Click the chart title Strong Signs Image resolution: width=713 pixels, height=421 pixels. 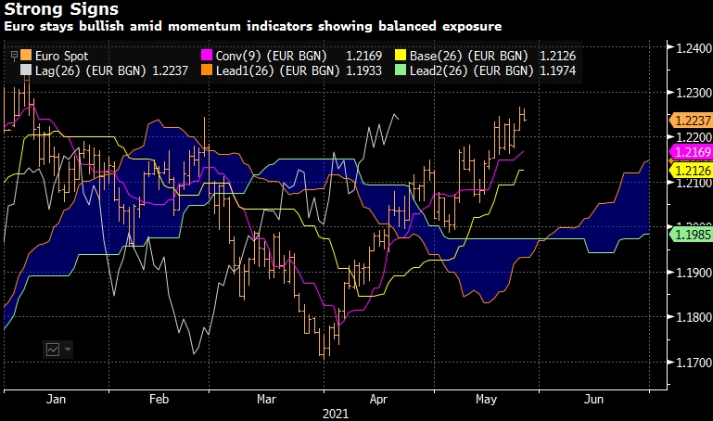59,10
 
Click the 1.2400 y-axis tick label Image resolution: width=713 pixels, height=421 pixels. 690,49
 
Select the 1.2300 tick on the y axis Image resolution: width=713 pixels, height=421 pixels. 690,94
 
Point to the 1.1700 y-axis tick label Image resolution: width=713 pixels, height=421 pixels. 690,363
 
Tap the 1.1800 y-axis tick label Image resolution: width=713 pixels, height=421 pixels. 690,318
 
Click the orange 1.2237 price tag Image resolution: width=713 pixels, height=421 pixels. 690,121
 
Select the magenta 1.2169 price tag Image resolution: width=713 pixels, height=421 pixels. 690,151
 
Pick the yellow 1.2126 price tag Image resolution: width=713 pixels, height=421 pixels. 690,171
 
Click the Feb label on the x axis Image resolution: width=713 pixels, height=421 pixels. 159,400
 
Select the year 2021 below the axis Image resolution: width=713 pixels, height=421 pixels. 334,414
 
